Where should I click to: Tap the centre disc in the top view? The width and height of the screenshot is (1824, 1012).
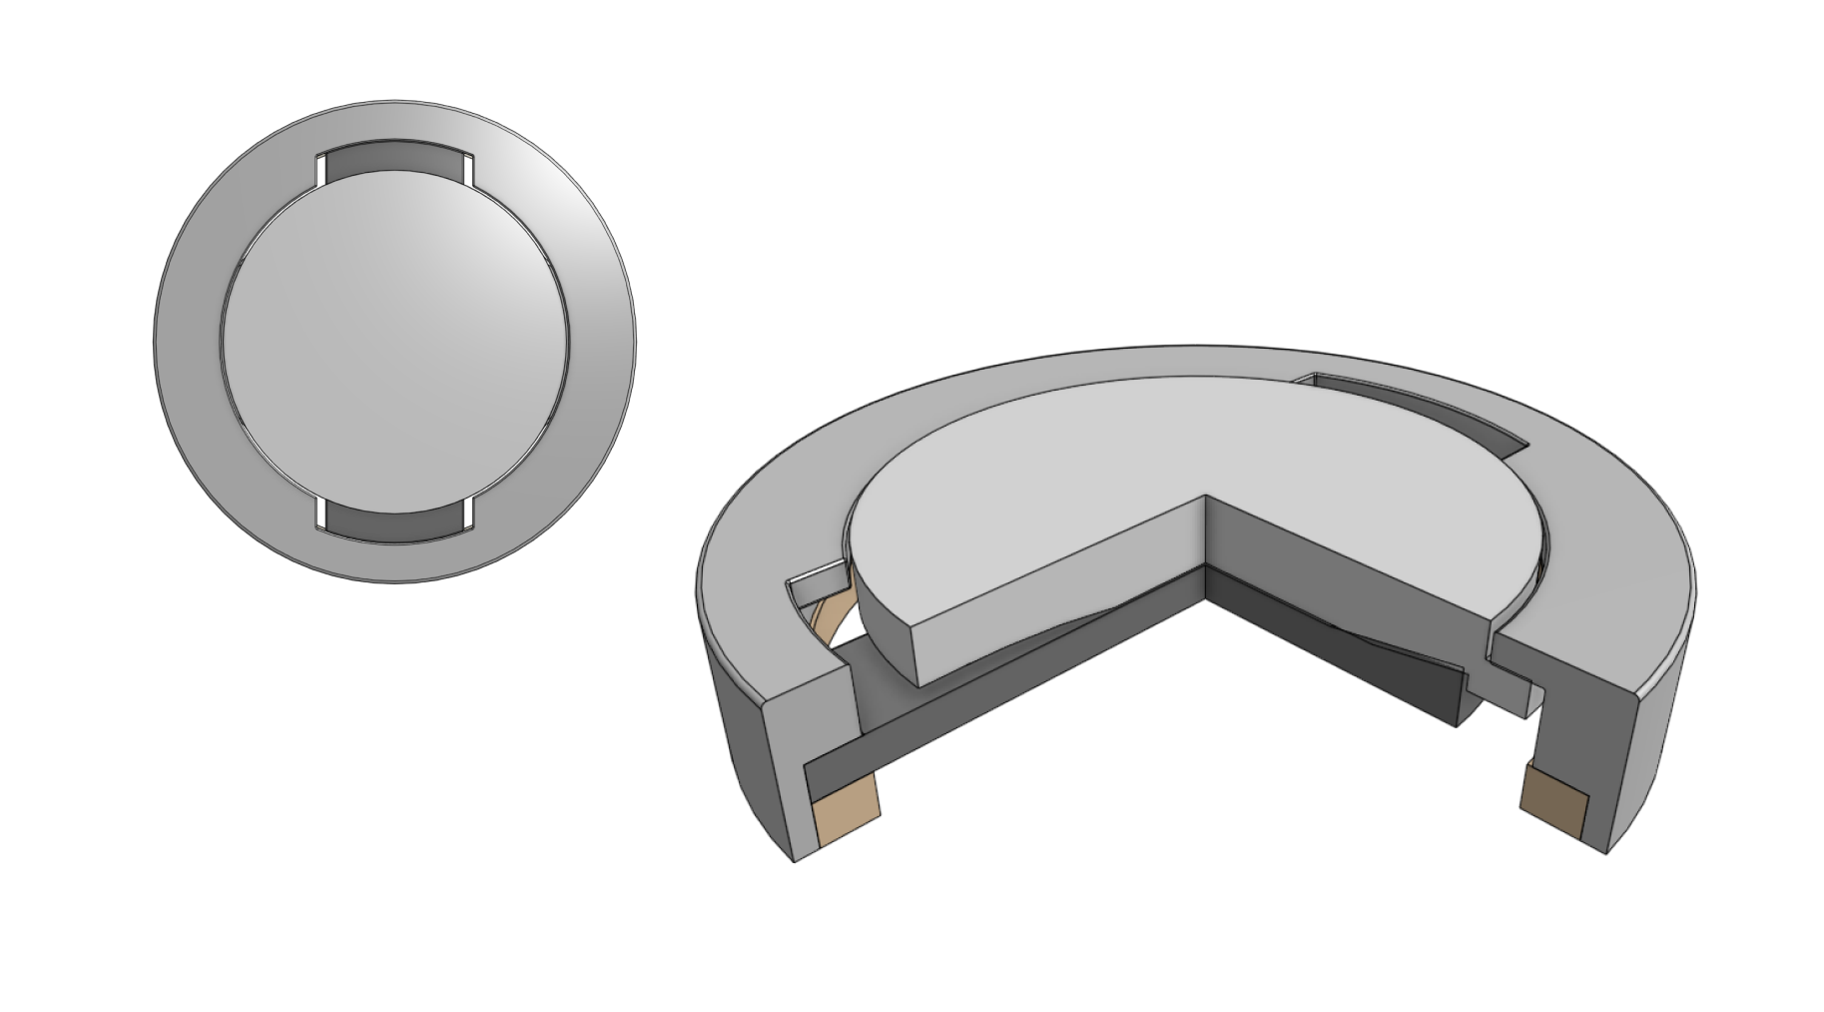point(395,340)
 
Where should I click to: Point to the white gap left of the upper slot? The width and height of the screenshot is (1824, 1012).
point(320,170)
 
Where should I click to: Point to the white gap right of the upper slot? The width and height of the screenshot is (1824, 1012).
point(467,170)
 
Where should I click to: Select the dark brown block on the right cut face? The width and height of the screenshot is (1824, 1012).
point(1552,807)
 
